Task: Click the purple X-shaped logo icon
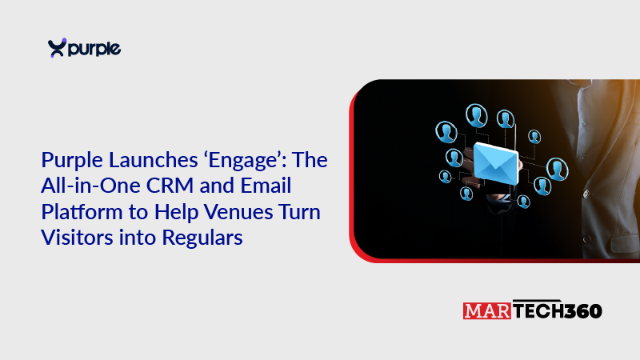point(57,48)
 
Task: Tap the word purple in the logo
point(94,49)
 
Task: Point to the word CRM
point(170,186)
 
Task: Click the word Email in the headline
point(266,186)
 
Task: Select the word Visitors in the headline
point(77,238)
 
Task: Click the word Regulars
point(202,238)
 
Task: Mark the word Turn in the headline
point(299,212)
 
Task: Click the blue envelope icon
point(496,163)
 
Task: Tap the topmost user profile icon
point(477,116)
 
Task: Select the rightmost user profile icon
point(557,169)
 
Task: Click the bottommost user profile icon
point(524,202)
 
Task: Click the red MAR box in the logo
point(487,311)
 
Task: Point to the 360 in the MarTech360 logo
point(583,311)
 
